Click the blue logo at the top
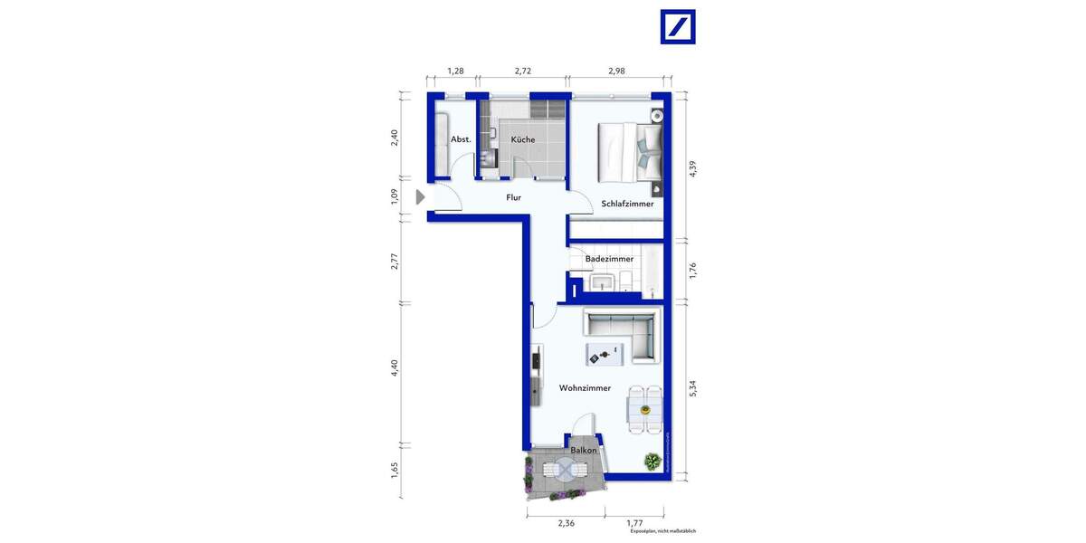677,27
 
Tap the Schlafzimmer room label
627,205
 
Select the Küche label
522,139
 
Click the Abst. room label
461,139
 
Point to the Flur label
513,197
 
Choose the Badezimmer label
609,259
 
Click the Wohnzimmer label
585,388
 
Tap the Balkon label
583,450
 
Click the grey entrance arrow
420,196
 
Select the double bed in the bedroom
630,150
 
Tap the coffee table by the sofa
605,354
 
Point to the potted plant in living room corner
652,462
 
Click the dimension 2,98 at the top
616,71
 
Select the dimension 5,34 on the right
693,388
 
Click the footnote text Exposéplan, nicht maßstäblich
662,531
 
